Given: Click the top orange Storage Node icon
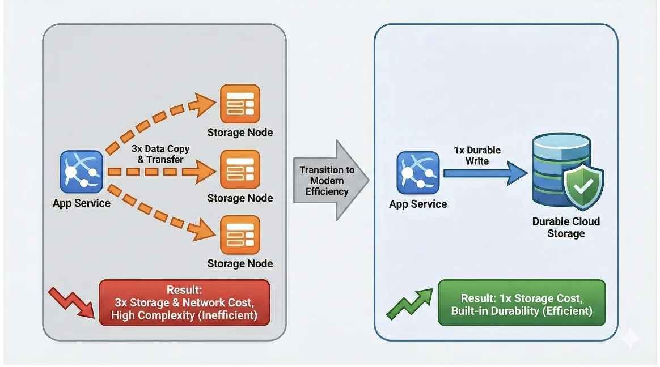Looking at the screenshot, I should [x=240, y=104].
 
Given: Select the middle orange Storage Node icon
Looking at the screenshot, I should [x=240, y=169].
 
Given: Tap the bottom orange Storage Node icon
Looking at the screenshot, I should [x=240, y=234].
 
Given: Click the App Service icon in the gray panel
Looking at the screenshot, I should [x=82, y=172].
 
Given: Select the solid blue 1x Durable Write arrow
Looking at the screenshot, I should [x=485, y=173].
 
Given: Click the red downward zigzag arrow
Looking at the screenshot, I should [x=70, y=302].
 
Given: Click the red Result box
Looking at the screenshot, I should [x=184, y=302].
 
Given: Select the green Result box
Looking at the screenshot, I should [x=522, y=302].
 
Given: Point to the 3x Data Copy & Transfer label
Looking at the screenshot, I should [x=160, y=154].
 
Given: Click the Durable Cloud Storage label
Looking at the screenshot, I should [x=565, y=227].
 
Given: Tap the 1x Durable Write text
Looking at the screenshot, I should [x=477, y=156].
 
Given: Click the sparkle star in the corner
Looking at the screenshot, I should [x=631, y=338].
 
